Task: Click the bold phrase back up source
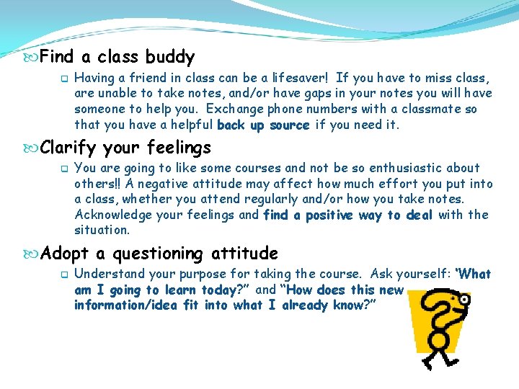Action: [263, 125]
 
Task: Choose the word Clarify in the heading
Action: [69, 148]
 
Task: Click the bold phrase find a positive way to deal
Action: [348, 215]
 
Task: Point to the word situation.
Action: [102, 231]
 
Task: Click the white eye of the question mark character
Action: [463, 298]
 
